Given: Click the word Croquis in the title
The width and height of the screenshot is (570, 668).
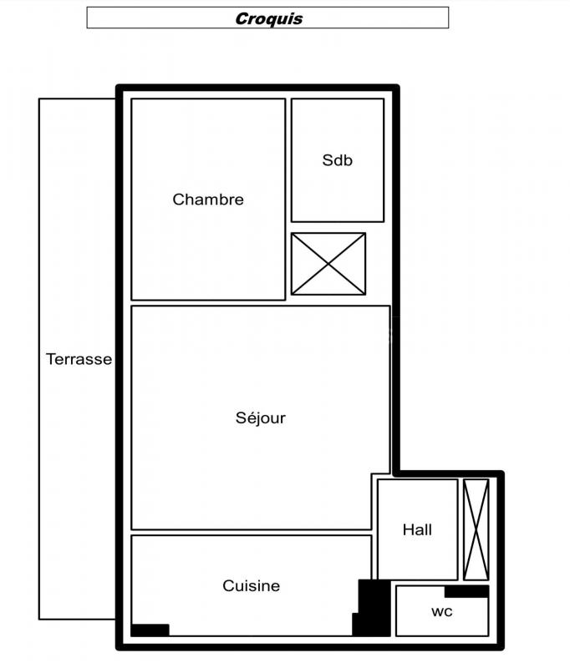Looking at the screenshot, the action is (x=269, y=18).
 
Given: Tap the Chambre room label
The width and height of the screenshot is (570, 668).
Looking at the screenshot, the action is (x=208, y=200).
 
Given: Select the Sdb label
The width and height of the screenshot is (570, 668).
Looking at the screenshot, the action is (x=337, y=160).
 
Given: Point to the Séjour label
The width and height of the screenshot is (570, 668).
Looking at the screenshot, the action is (x=261, y=418).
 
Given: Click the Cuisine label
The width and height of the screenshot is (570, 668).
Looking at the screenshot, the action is (x=251, y=586).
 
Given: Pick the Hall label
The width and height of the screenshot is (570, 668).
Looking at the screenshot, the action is (x=417, y=530).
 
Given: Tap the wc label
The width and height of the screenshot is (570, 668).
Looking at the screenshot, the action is (x=441, y=612).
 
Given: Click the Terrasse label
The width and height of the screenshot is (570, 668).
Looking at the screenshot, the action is (x=79, y=359).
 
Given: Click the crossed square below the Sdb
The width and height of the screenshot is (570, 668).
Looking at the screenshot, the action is (x=328, y=264).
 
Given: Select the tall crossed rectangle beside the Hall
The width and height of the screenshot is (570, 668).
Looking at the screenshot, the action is (x=476, y=529).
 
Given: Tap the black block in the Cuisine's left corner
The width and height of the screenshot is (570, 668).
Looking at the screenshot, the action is (x=150, y=630).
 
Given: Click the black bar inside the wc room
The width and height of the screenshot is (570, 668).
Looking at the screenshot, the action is (x=466, y=591).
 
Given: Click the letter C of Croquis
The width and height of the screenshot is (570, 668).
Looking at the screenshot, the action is (x=242, y=18).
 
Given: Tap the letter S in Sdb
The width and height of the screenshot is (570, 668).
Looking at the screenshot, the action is (x=328, y=160).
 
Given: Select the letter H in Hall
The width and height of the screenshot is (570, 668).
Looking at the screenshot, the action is (x=408, y=530).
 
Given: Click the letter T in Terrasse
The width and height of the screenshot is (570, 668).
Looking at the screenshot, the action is (x=52, y=359).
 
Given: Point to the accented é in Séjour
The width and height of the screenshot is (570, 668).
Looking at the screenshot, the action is (x=251, y=418).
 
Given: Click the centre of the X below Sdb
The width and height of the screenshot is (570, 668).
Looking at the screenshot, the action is (x=328, y=264).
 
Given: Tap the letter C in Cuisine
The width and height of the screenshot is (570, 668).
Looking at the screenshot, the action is (x=228, y=586).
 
